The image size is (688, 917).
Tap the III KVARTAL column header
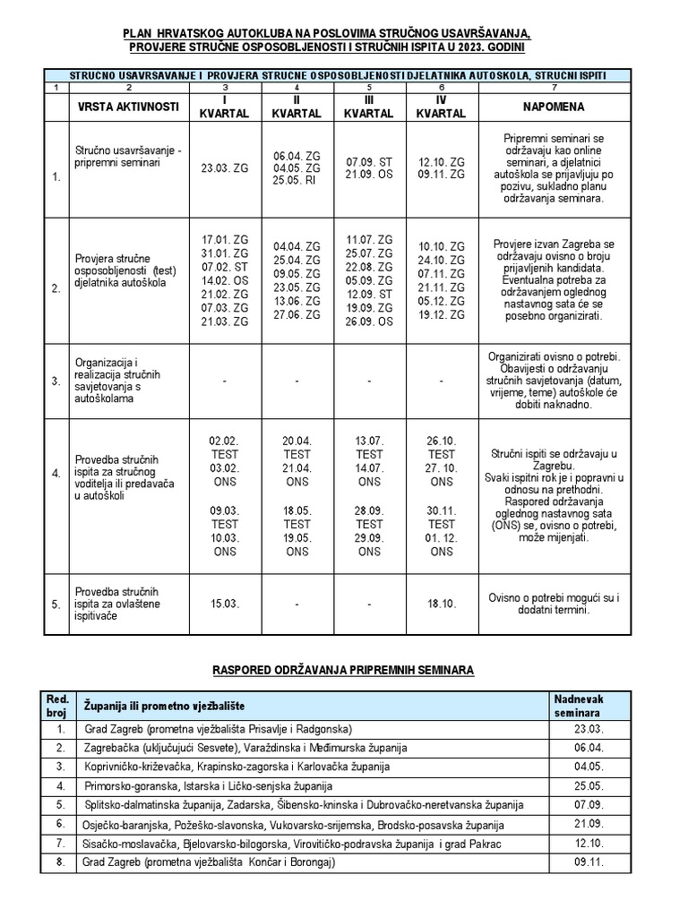point(369,107)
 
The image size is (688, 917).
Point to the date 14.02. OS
point(225,280)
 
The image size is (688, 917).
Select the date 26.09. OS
point(369,322)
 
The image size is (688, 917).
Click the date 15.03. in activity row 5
point(226,604)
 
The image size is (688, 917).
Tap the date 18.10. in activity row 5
point(441,604)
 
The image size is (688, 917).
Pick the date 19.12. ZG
point(441,315)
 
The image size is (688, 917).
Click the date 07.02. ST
point(225,267)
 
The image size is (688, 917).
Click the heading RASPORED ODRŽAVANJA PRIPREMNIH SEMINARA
point(343,669)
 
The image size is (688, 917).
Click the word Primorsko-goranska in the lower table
point(124,785)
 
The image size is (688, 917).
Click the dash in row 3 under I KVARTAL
point(225,381)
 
